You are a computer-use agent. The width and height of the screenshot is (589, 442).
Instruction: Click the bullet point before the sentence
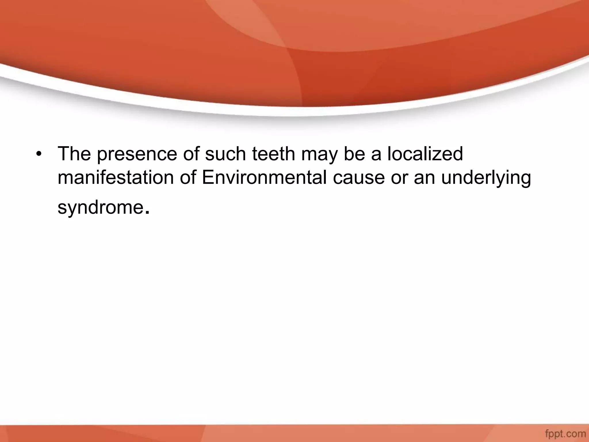click(x=37, y=154)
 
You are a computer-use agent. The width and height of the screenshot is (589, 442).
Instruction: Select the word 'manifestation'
click(x=116, y=178)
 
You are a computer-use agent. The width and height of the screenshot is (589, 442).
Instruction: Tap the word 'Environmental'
click(x=264, y=178)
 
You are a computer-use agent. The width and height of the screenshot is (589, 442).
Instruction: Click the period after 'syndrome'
click(x=147, y=213)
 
